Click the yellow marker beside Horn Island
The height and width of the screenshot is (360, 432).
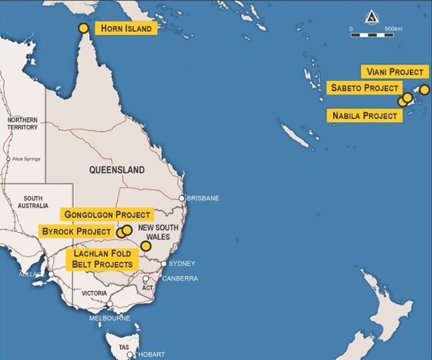83,28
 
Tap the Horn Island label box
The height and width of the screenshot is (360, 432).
127,28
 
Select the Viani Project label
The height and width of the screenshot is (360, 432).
394,72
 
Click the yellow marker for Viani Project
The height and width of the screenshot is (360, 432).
424,90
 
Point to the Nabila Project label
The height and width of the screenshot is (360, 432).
364,115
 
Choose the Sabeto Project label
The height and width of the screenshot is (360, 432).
365,88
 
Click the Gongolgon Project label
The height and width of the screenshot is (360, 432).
107,214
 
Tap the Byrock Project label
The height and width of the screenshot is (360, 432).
75,231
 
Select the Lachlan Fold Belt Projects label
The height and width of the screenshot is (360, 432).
102,259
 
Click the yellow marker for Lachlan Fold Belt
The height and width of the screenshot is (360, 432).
146,246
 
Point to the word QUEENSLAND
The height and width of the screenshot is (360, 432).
117,170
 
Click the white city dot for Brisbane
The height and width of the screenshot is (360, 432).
182,198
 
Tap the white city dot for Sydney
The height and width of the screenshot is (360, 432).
164,263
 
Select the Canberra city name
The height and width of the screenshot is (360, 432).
179,278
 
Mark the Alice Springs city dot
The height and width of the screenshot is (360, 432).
8,159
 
